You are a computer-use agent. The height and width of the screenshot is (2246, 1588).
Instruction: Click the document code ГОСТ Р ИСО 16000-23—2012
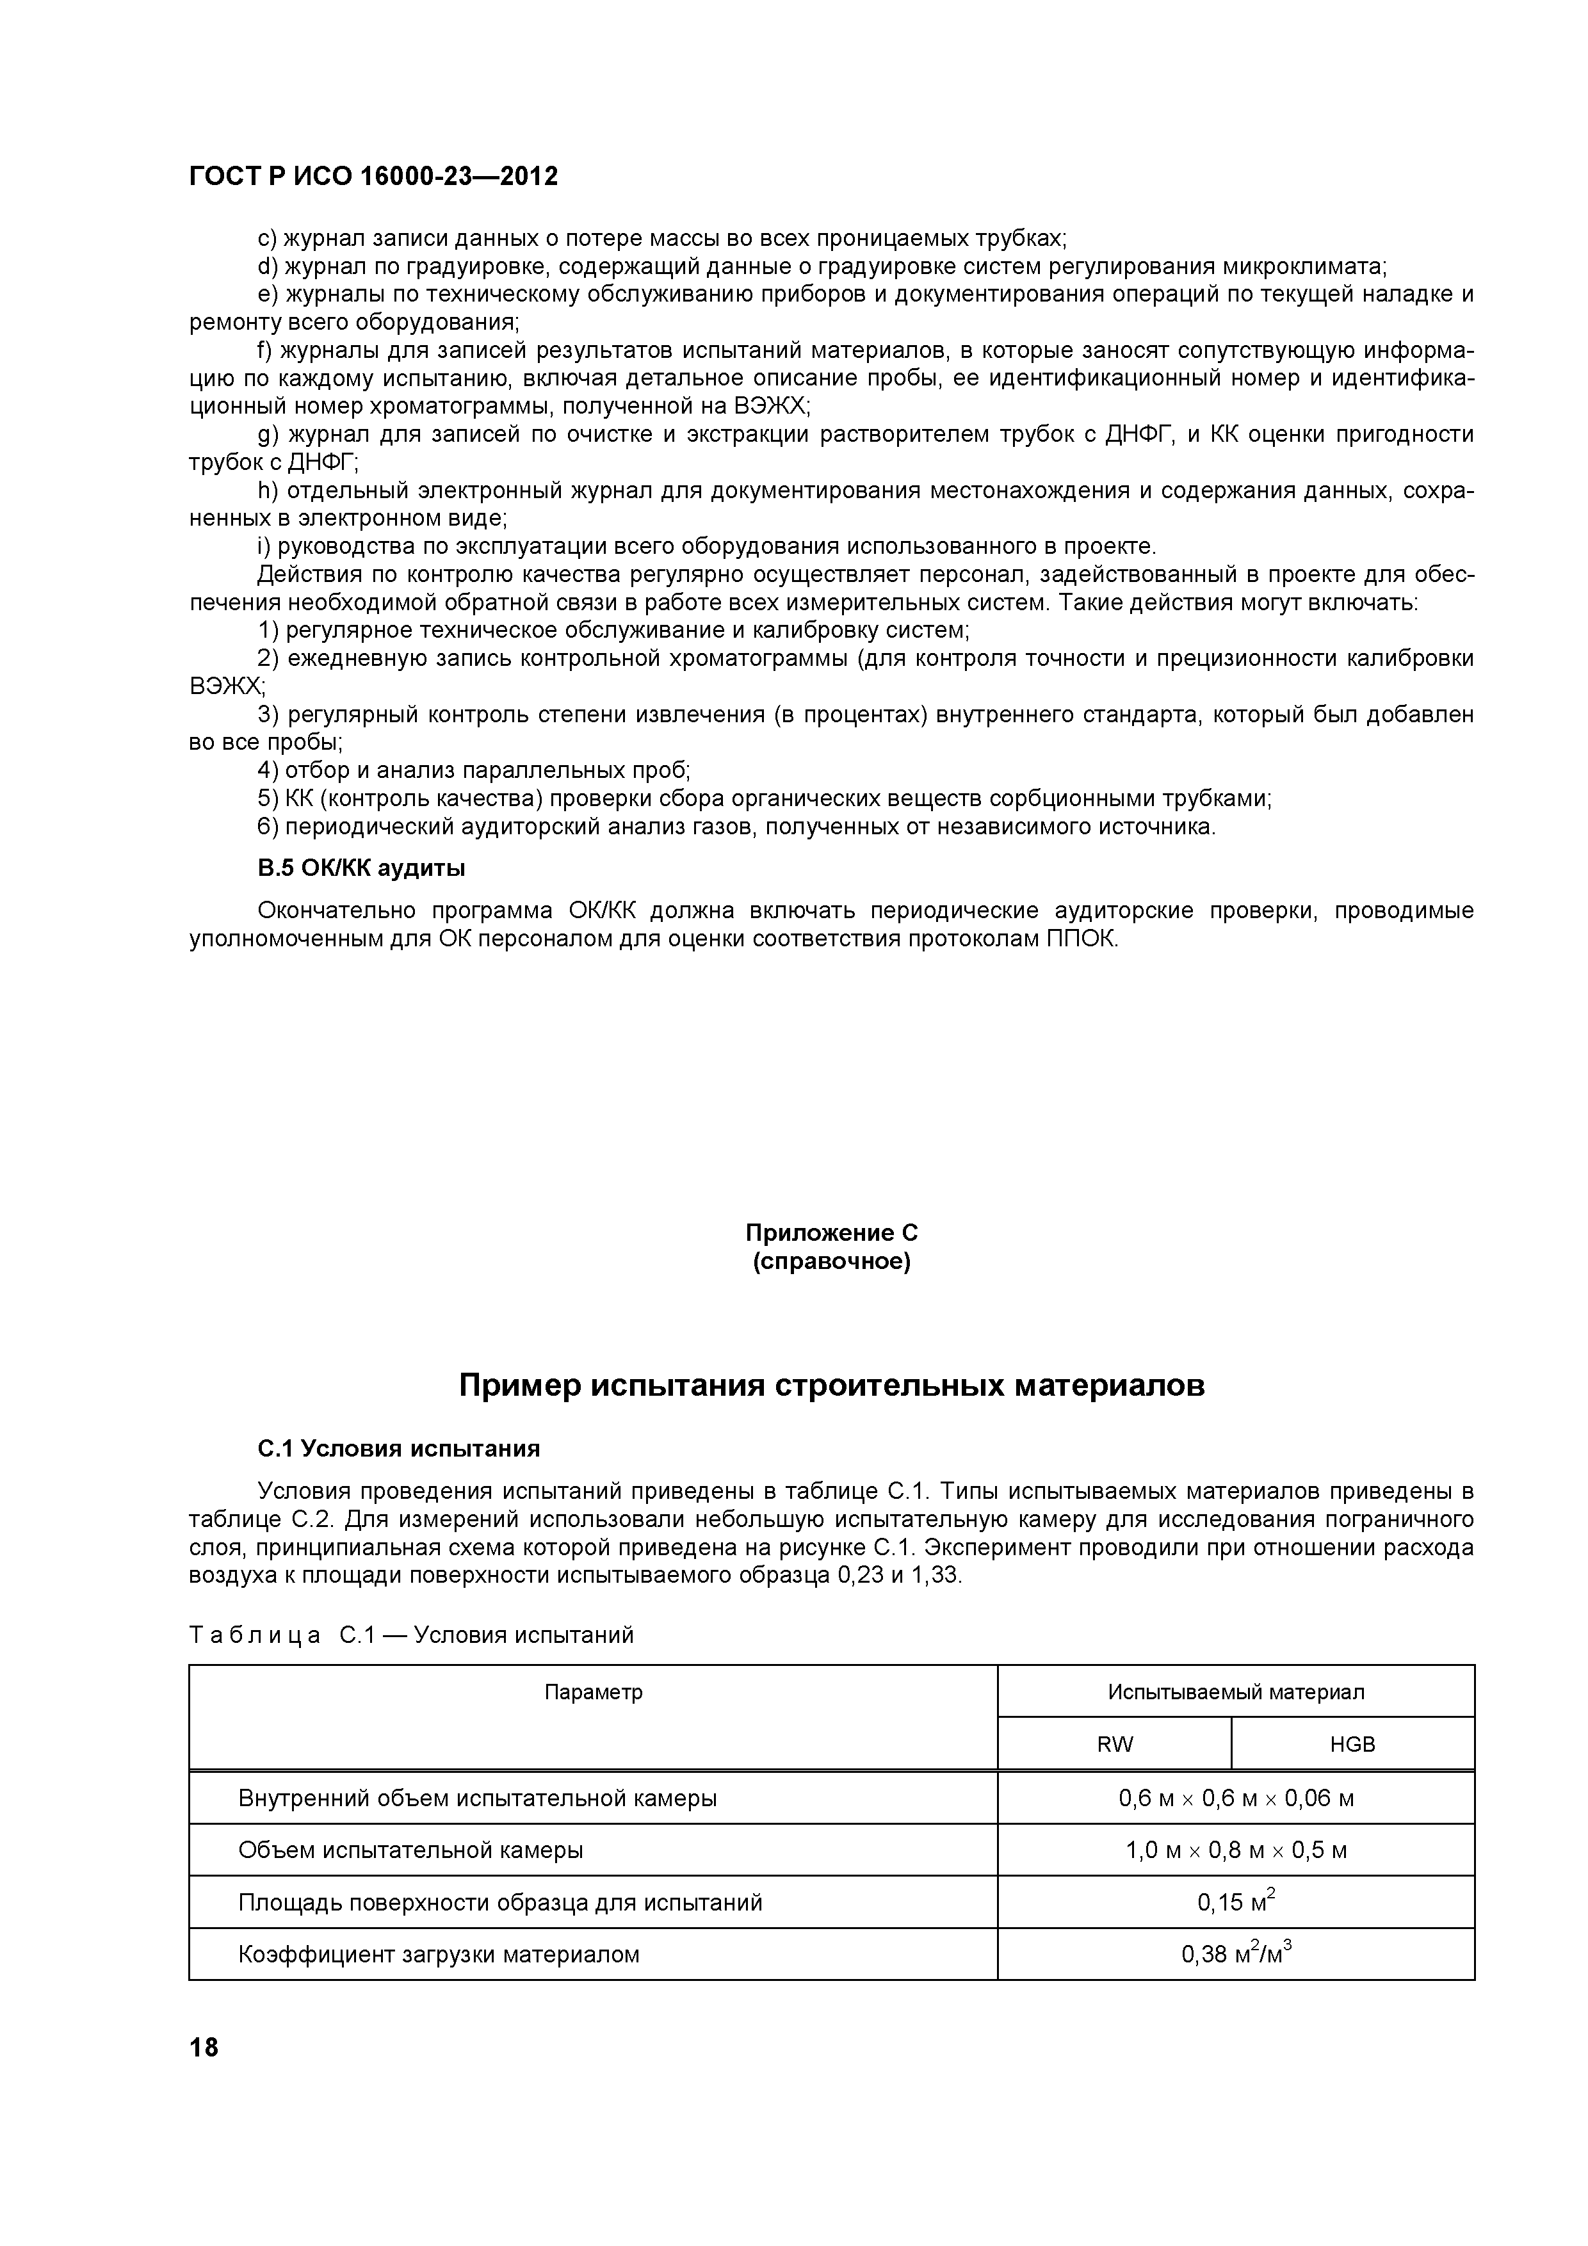pos(373,177)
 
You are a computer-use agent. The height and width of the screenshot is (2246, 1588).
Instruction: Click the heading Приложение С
pos(830,1232)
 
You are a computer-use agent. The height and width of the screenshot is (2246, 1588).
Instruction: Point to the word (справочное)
pos(830,1262)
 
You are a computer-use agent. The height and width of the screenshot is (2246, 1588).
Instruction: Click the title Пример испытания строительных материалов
pos(832,1386)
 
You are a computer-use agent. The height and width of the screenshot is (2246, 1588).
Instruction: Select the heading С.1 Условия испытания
pos(398,1448)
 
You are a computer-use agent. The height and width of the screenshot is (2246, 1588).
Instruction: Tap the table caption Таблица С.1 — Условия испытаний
pos(411,1635)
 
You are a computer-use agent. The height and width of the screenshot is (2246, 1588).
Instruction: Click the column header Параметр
pos(593,1692)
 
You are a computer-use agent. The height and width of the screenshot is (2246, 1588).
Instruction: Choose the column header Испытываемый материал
pos(1236,1692)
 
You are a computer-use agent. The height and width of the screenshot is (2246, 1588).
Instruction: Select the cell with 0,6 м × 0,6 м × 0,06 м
pos(1236,1798)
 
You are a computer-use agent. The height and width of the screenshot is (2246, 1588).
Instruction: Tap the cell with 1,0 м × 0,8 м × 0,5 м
pos(1236,1850)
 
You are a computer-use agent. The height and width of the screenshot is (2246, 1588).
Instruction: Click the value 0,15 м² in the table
pos(1236,1902)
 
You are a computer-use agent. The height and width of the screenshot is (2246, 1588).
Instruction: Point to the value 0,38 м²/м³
pos(1236,1953)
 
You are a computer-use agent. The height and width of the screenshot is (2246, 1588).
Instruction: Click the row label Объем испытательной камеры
pos(411,1850)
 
